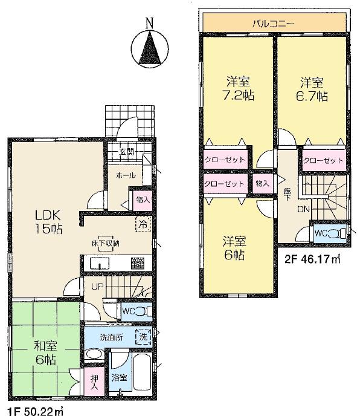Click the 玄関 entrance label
[126, 152]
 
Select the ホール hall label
[126, 176]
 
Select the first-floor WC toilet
[134, 311]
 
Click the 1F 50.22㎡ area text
[35, 411]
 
